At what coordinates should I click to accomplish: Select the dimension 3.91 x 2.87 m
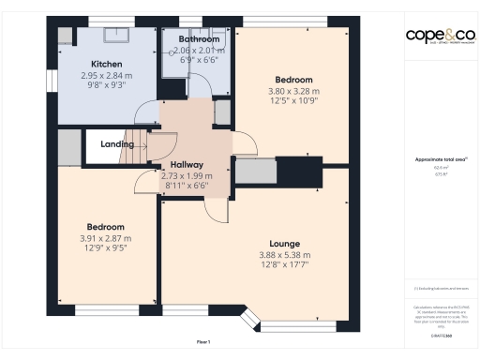click(106, 239)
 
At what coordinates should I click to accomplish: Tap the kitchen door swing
click(146, 113)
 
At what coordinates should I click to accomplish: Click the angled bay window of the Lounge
click(251, 321)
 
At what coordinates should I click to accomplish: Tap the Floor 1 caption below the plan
click(203, 341)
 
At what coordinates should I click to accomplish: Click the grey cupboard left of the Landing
click(69, 147)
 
